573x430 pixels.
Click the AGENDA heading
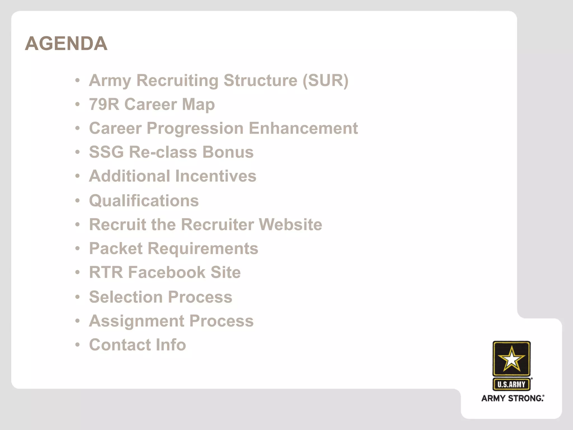tap(66, 43)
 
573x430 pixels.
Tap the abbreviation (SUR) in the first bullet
tap(325, 81)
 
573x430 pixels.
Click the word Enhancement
tap(303, 128)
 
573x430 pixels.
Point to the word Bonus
tap(228, 152)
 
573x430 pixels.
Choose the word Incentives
tap(216, 176)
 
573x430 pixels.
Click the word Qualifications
tap(144, 201)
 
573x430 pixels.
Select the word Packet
tap(116, 249)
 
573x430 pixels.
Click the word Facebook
tap(167, 272)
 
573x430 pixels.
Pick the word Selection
tap(126, 297)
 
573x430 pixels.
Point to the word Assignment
tap(137, 321)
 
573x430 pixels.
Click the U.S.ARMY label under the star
tap(511, 384)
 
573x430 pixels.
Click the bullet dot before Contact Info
tap(78, 345)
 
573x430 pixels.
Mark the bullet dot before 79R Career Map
tap(78, 104)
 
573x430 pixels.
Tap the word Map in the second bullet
tap(198, 104)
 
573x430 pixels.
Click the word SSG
tap(106, 152)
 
